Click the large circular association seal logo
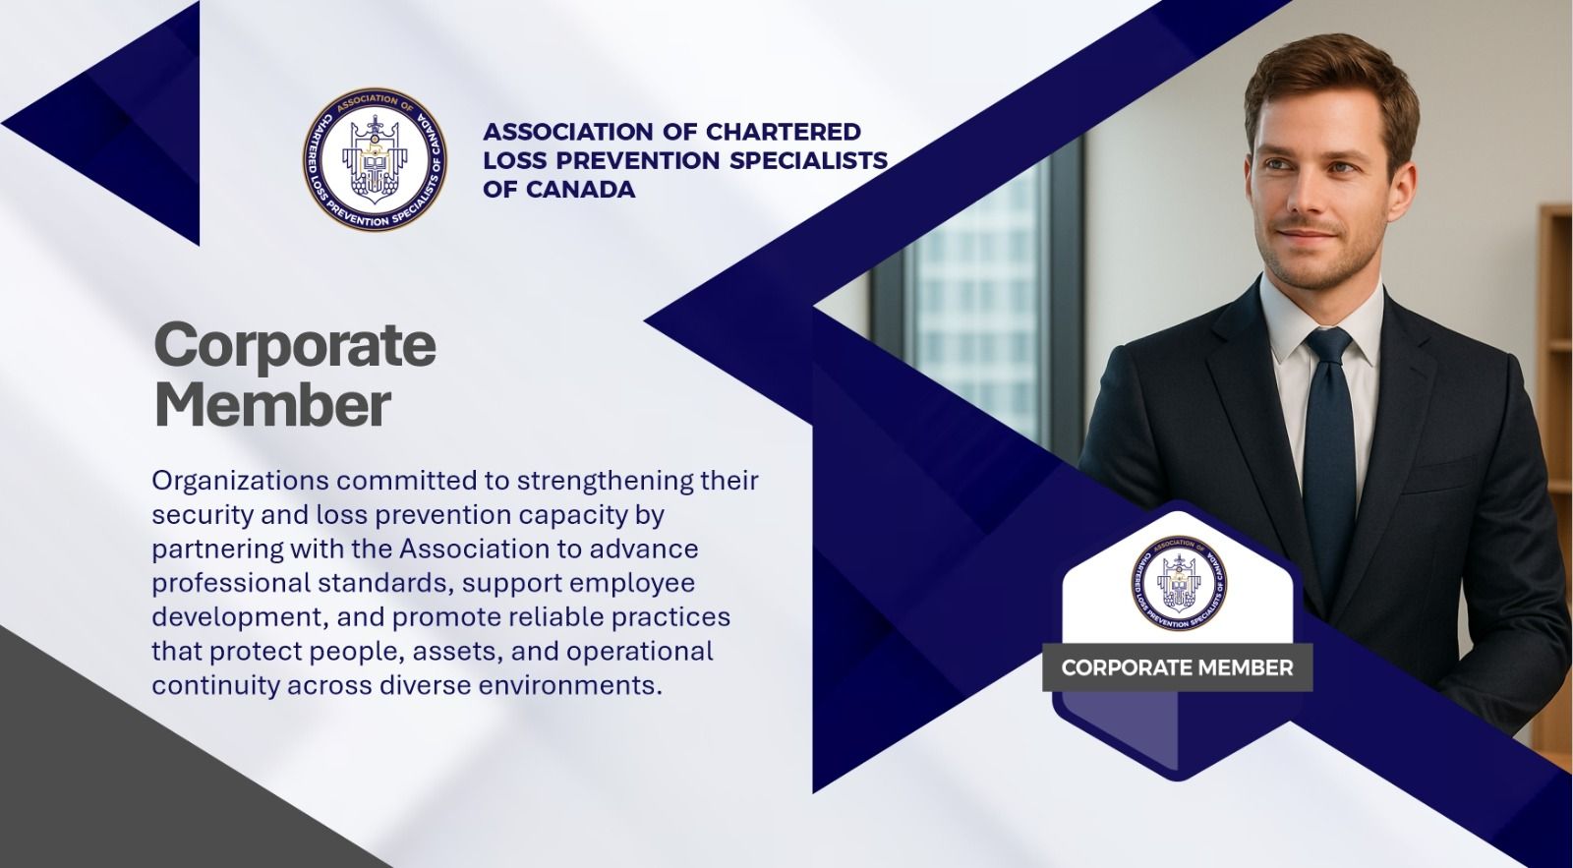tap(375, 159)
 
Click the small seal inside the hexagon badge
tap(1179, 582)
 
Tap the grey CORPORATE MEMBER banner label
tap(1177, 667)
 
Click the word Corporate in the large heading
tap(295, 345)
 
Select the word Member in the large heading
tap(272, 405)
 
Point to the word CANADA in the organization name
tap(580, 190)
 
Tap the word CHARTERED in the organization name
tap(783, 132)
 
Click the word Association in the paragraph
tap(474, 549)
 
